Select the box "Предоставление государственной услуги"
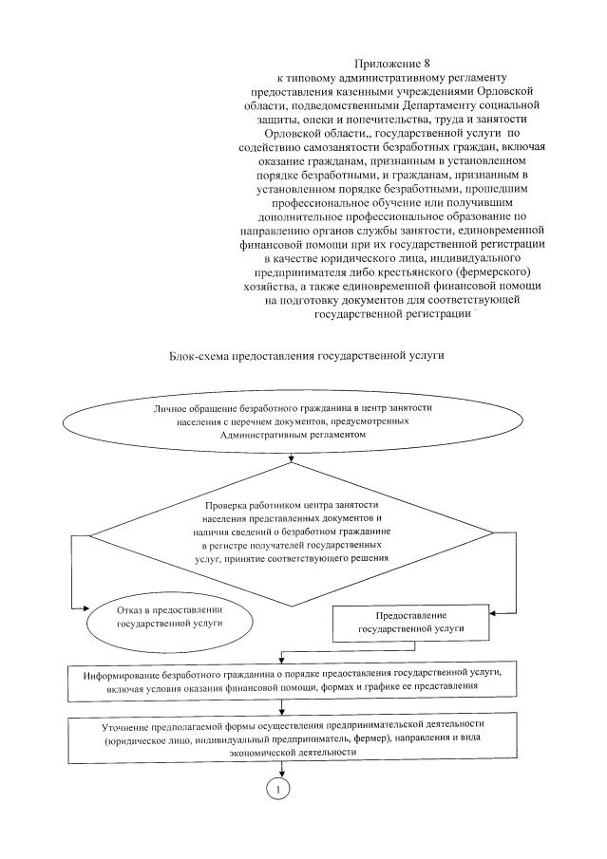[x=410, y=623]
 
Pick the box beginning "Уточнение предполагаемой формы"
[x=293, y=738]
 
